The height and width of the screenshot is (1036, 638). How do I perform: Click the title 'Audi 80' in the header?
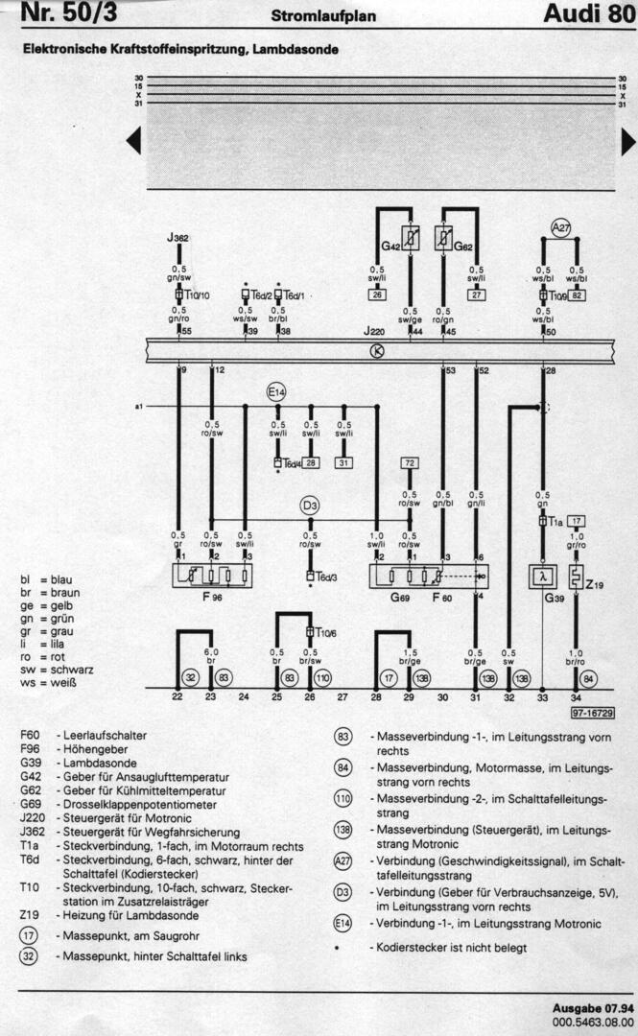(x=587, y=13)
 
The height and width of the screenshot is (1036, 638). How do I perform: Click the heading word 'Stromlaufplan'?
(x=323, y=15)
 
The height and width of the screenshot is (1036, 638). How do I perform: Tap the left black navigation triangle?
(x=133, y=142)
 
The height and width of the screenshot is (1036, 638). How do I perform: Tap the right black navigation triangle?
(x=628, y=142)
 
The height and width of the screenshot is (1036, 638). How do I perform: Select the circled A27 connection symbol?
(x=560, y=226)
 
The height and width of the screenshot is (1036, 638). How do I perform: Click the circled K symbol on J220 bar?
(x=376, y=351)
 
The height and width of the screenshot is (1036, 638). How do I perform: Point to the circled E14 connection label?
(x=277, y=391)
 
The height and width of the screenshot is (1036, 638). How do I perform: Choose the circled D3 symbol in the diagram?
(x=310, y=505)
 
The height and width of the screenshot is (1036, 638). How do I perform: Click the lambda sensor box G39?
(x=542, y=577)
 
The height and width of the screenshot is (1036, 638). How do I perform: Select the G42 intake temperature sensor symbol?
(x=410, y=236)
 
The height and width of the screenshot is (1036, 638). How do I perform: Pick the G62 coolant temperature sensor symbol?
(x=443, y=236)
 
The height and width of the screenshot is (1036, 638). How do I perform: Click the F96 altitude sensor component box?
(x=211, y=576)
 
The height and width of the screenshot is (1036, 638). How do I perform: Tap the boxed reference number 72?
(x=410, y=463)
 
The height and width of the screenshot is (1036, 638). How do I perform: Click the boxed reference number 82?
(x=577, y=295)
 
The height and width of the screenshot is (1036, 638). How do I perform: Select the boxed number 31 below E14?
(x=343, y=462)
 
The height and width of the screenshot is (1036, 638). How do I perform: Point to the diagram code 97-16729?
(x=592, y=714)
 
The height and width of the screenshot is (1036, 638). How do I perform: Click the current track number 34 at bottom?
(x=576, y=697)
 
